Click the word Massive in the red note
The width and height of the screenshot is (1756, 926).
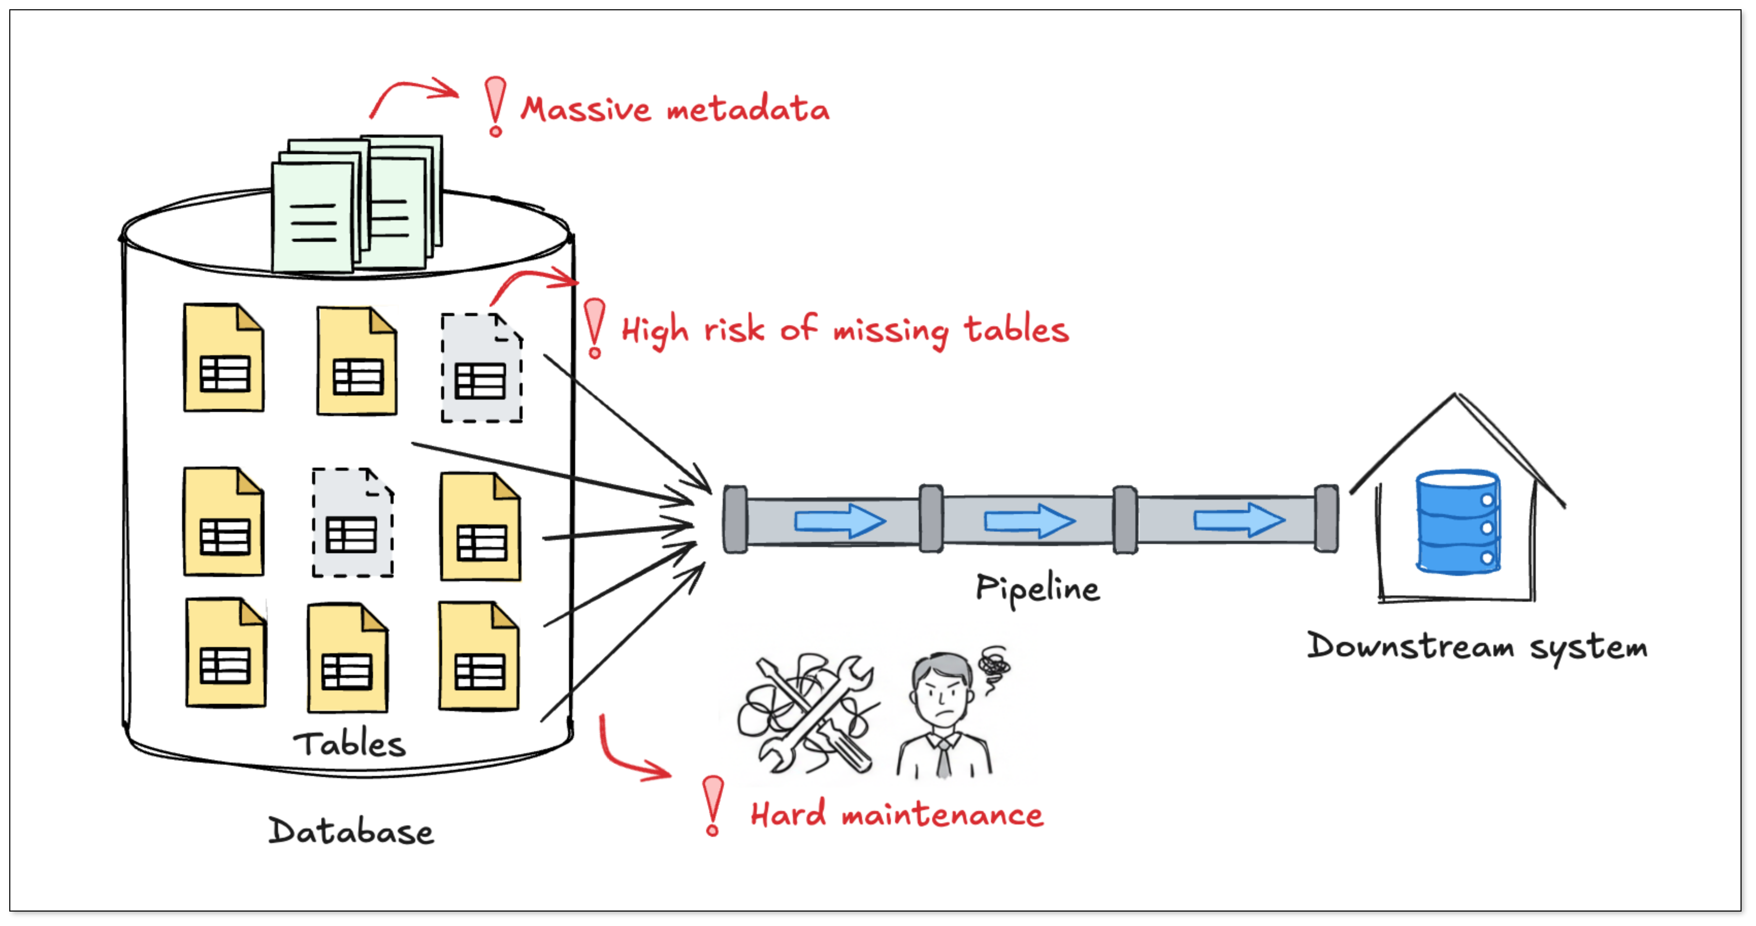(x=586, y=109)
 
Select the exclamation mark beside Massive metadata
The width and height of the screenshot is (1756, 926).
(x=496, y=106)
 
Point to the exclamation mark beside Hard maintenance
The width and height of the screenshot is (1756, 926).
(x=713, y=806)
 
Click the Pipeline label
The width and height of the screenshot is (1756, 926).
(x=1037, y=589)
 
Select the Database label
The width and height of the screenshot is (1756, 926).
(x=351, y=831)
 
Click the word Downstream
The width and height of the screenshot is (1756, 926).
(x=1410, y=646)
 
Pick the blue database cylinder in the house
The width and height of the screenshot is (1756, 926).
(x=1458, y=522)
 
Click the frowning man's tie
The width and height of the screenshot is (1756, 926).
(x=943, y=758)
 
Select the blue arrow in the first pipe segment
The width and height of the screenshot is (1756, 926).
(x=840, y=522)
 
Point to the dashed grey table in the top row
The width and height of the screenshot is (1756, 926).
(x=482, y=368)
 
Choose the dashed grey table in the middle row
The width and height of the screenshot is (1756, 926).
(x=352, y=523)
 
